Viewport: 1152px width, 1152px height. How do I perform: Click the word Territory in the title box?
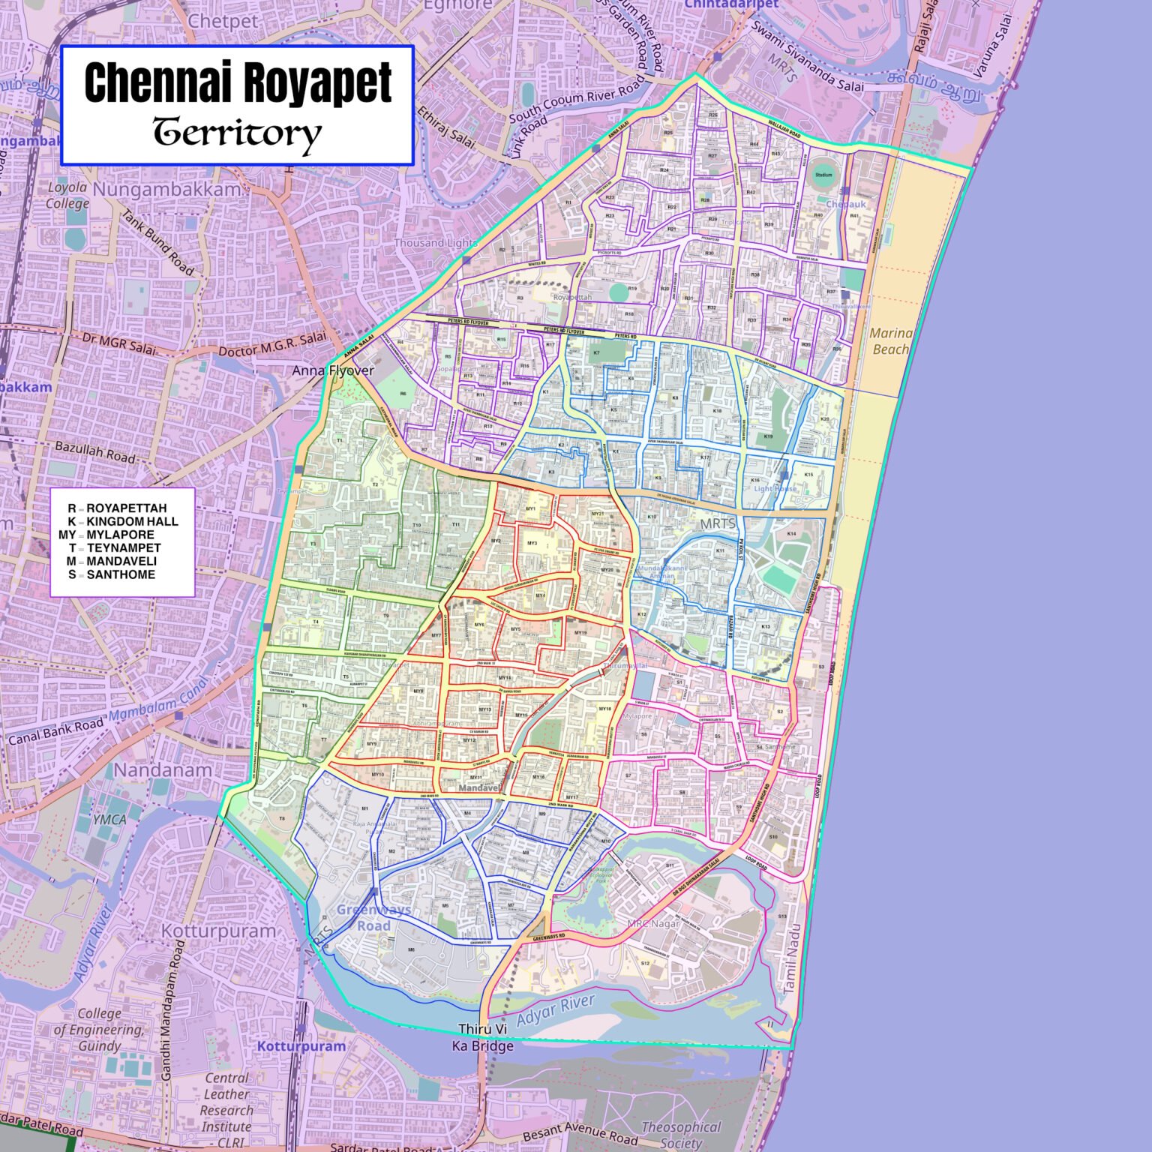(x=238, y=133)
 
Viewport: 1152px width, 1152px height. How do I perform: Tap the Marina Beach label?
(x=890, y=341)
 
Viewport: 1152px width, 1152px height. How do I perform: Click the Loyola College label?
(x=67, y=195)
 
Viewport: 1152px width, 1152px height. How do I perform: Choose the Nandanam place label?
(x=163, y=770)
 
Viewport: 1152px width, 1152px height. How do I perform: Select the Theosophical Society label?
(x=680, y=1135)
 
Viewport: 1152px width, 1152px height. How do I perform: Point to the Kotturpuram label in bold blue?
(x=301, y=1045)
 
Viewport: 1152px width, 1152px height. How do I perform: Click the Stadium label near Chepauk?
(x=823, y=175)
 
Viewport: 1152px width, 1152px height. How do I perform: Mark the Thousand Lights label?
(x=436, y=243)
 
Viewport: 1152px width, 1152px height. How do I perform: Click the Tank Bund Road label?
(x=158, y=241)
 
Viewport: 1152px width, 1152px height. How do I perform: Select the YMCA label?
(x=109, y=820)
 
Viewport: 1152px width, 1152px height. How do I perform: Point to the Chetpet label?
(x=223, y=21)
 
